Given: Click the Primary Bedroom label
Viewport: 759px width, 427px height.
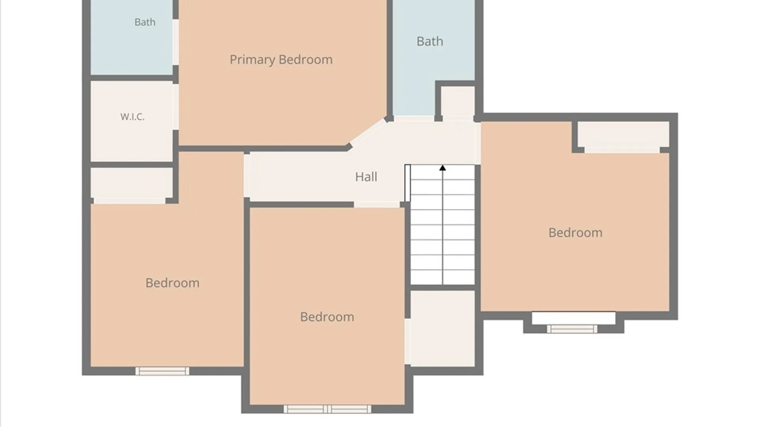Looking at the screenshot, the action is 281,60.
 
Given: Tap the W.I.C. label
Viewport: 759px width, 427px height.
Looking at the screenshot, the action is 132,117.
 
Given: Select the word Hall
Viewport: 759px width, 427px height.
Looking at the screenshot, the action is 366,177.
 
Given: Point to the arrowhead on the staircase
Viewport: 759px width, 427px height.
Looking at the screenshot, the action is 442,168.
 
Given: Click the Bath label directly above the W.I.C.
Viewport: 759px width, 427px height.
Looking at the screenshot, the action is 145,22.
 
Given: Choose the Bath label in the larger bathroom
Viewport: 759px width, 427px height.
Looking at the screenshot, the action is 430,41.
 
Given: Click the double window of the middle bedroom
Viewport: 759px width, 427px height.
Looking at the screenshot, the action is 327,409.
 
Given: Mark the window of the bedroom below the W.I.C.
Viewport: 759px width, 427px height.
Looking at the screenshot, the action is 162,371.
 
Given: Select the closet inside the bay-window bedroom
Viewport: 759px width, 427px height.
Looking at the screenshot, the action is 623,134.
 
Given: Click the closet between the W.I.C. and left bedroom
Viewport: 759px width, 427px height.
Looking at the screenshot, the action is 132,183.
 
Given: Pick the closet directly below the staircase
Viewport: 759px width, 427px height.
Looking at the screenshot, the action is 442,328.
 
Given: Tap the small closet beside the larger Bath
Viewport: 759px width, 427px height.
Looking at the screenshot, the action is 458,101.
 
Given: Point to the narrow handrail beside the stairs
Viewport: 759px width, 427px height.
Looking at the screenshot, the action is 408,183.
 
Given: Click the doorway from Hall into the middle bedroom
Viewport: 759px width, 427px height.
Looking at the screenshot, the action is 377,204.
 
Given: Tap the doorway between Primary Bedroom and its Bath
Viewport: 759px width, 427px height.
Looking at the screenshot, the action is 176,42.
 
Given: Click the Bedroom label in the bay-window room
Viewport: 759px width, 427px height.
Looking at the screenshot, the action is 576,232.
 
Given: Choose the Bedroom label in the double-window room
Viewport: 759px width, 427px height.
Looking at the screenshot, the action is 327,317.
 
